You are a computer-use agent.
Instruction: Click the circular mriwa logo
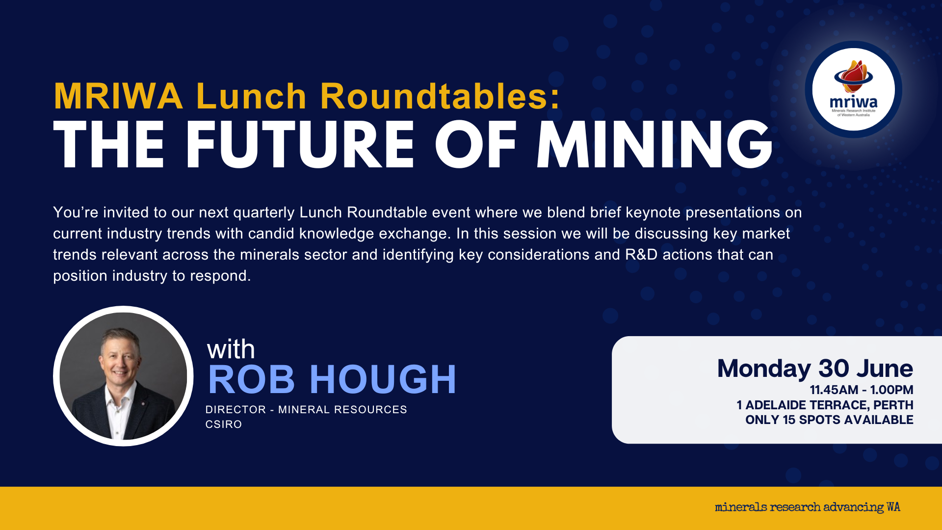click(x=854, y=89)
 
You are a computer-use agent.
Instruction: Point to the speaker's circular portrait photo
click(x=123, y=376)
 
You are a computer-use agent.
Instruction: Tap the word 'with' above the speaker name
click(x=231, y=349)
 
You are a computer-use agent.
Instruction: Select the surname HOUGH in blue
click(x=383, y=379)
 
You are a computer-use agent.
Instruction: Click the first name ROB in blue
click(x=252, y=379)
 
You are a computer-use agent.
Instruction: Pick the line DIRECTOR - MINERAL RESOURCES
click(x=306, y=409)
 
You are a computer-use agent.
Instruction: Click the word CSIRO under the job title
click(x=224, y=424)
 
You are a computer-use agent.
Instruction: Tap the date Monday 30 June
click(x=815, y=369)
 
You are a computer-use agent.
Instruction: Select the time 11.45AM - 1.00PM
click(x=862, y=390)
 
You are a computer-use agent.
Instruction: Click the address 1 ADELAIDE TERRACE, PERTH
click(x=825, y=405)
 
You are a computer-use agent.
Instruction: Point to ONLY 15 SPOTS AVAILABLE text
click(x=829, y=420)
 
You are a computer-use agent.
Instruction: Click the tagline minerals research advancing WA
click(x=808, y=507)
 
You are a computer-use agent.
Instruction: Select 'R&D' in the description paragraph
click(x=641, y=255)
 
